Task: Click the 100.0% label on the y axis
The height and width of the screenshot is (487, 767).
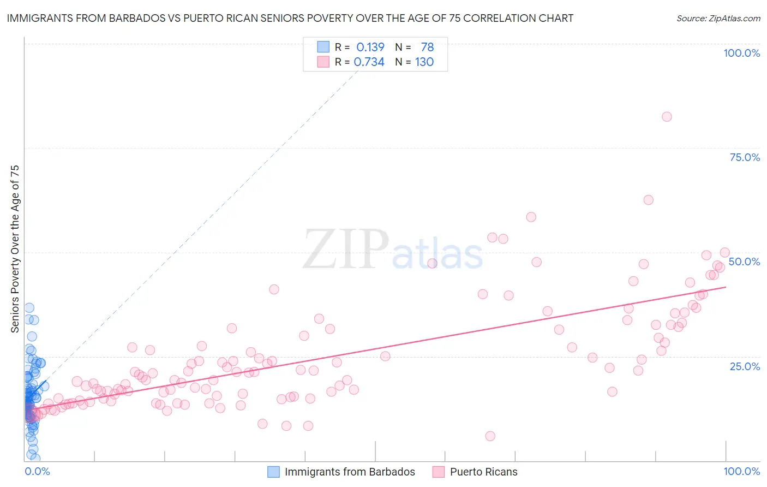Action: point(741,53)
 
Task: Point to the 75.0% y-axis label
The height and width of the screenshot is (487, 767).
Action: point(745,157)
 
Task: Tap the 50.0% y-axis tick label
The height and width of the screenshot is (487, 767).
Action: point(744,262)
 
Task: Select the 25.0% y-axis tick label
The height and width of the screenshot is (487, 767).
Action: point(745,366)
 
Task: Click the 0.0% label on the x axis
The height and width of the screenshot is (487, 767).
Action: point(37,471)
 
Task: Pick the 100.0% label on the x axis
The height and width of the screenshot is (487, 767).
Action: point(741,471)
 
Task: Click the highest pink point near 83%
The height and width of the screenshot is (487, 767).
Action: point(667,116)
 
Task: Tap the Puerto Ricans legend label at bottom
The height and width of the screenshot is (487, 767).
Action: point(483,472)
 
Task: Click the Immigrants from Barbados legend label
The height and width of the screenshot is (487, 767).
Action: point(350,472)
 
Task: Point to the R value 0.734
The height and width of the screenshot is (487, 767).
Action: point(369,62)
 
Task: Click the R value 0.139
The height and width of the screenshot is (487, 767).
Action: point(370,47)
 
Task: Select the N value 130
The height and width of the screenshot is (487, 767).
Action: point(424,62)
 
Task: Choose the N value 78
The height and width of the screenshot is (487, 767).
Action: point(427,47)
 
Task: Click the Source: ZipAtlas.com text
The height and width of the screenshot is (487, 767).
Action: point(718,18)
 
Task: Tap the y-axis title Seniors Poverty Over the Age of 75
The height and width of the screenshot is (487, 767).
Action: point(15,248)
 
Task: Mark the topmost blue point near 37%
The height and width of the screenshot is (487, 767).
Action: point(29,308)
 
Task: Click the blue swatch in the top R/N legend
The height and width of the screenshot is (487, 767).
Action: point(323,47)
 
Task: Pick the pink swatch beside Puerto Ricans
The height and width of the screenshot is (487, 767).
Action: point(439,472)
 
